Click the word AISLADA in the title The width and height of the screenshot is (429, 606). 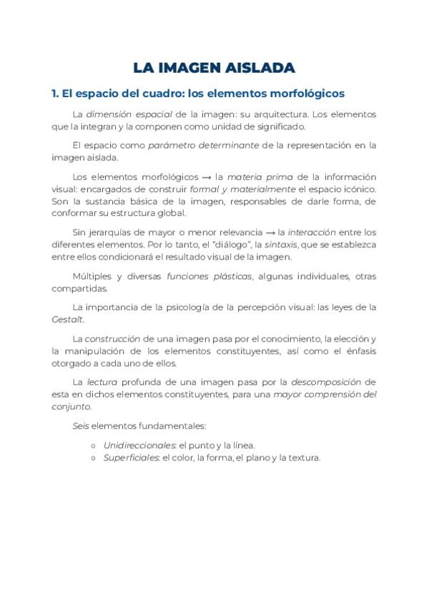[260, 68]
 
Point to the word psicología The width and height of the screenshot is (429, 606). [183, 307]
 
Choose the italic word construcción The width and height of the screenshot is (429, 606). [112, 339]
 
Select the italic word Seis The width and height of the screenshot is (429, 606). [82, 426]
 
